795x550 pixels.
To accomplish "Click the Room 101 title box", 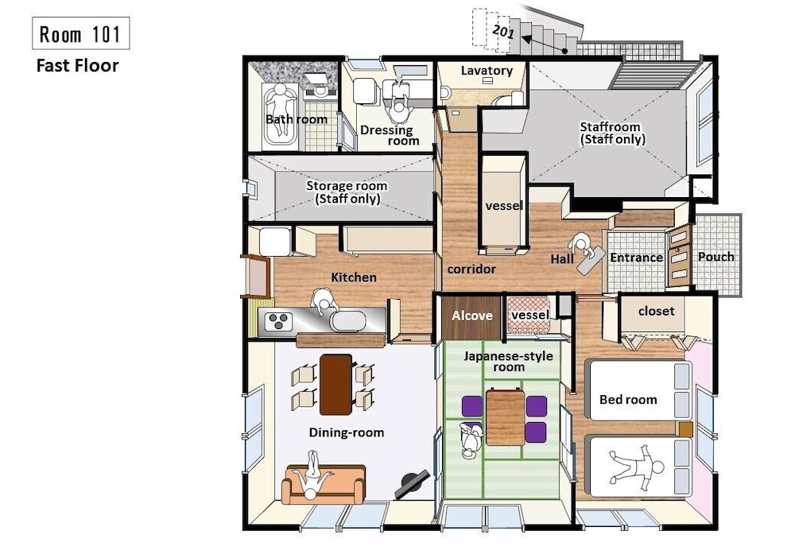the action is [80, 33].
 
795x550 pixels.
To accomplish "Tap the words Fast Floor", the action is [78, 66].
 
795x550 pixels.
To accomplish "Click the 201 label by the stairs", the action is [503, 32].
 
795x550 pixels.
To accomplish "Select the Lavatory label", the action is [487, 71].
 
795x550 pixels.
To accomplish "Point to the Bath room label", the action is [297, 120].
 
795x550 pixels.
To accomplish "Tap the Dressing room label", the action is [390, 136].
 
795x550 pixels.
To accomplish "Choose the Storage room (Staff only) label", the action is [347, 192].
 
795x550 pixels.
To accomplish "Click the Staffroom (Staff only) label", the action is [612, 133].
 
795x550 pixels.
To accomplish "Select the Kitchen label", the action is [354, 277].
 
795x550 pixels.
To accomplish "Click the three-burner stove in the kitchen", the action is [278, 321].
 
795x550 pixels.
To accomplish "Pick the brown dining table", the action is [335, 385].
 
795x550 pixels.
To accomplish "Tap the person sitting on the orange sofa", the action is [312, 476].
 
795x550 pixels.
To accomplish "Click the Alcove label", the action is [472, 316].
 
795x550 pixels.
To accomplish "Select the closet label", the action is [656, 312].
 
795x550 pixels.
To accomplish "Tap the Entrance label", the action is [636, 258].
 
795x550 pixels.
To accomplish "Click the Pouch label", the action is [716, 257].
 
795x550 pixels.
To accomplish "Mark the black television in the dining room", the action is [413, 483].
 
